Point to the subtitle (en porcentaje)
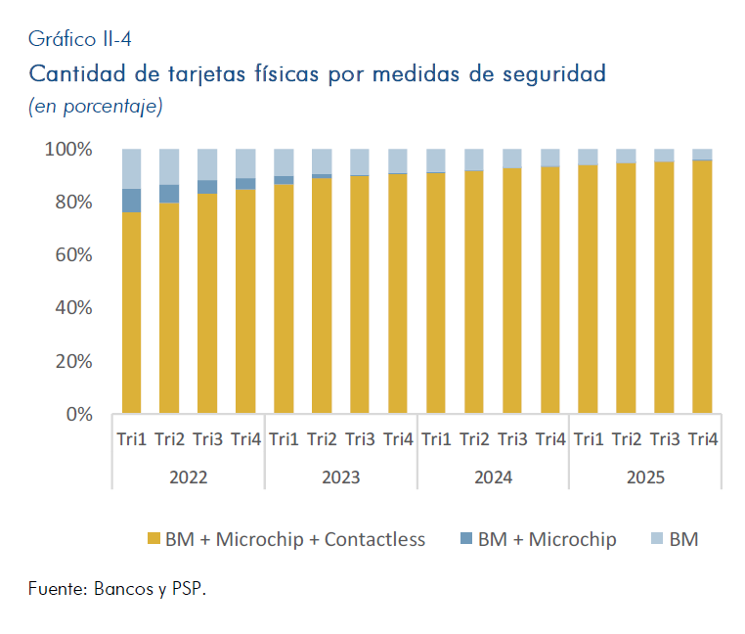click(96, 106)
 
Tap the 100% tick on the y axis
click(68, 150)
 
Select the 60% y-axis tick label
click(72, 255)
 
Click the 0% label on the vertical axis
click(80, 414)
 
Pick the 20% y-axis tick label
click(72, 361)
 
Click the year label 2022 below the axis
click(188, 477)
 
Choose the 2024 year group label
click(493, 477)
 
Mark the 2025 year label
click(645, 477)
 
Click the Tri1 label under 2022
click(131, 439)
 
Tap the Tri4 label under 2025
click(702, 439)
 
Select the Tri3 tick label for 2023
click(360, 439)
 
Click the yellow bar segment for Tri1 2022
click(131, 313)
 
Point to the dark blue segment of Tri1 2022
click(131, 201)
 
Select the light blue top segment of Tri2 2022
click(169, 166)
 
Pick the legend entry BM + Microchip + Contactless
click(294, 539)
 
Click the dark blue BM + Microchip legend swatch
click(464, 539)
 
